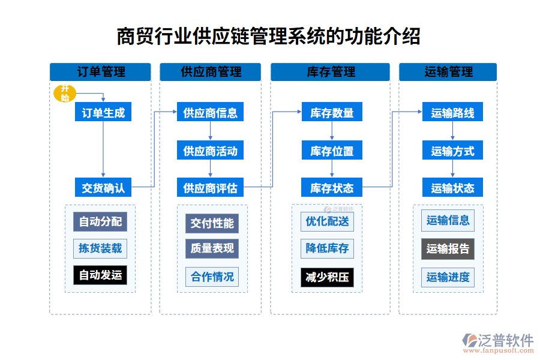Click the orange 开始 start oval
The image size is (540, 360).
(x=65, y=94)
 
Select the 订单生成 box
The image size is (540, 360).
(x=103, y=112)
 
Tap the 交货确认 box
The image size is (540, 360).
(x=103, y=188)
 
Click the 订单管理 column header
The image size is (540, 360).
(x=100, y=72)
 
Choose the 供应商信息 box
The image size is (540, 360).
(x=210, y=112)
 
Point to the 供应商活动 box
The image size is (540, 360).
(x=210, y=151)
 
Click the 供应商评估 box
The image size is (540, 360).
(x=210, y=188)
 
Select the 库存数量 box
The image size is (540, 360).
(x=332, y=112)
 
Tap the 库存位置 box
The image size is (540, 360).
(x=332, y=151)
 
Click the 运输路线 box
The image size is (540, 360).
(x=452, y=112)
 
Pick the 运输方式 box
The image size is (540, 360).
(x=452, y=151)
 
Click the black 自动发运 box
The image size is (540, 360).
(x=100, y=275)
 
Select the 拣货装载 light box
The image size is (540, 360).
(x=100, y=248)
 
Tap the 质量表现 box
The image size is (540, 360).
(x=212, y=248)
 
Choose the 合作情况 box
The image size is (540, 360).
(x=212, y=277)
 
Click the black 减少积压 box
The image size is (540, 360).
(x=327, y=277)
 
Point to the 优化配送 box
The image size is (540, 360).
(x=327, y=221)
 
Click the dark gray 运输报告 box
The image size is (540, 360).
(x=448, y=248)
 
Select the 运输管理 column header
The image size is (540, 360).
(x=448, y=72)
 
